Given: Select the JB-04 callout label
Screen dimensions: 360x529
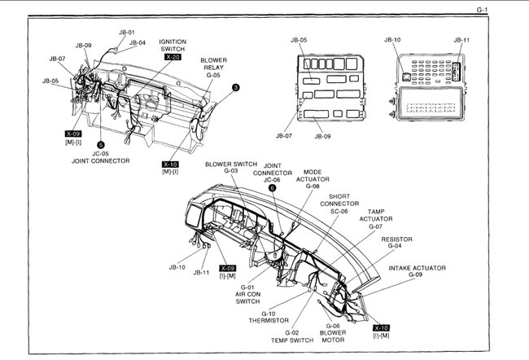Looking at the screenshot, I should (137, 42).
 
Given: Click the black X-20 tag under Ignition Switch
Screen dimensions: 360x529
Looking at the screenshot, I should (173, 57).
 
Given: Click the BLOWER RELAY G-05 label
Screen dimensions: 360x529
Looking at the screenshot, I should (214, 68).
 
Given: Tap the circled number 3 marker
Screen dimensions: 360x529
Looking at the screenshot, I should (235, 87).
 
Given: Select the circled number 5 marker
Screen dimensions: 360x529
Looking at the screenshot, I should (100, 143).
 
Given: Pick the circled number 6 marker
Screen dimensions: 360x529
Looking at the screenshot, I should (272, 188).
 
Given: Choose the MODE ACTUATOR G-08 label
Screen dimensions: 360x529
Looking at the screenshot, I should (313, 180).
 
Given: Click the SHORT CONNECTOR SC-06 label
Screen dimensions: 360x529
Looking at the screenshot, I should (339, 204).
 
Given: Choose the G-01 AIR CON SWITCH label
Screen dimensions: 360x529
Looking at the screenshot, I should (247, 294).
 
